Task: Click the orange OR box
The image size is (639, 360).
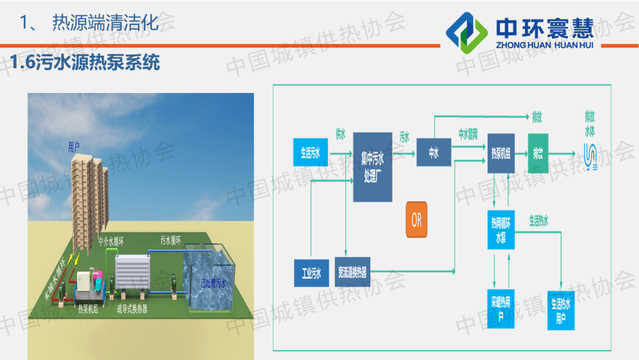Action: point(417,220)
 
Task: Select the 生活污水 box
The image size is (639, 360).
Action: point(311,153)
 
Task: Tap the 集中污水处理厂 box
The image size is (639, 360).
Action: point(373,166)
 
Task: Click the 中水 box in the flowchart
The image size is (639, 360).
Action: point(434,153)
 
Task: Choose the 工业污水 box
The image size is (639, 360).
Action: point(311,273)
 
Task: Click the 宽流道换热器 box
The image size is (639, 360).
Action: point(353,272)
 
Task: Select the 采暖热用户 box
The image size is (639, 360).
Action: point(501,307)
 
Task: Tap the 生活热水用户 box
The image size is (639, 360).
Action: point(561,310)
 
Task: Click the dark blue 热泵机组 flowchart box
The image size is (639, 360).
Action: point(501,153)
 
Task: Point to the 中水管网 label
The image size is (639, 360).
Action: point(468,133)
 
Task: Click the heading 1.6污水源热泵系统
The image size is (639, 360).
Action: point(86,63)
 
